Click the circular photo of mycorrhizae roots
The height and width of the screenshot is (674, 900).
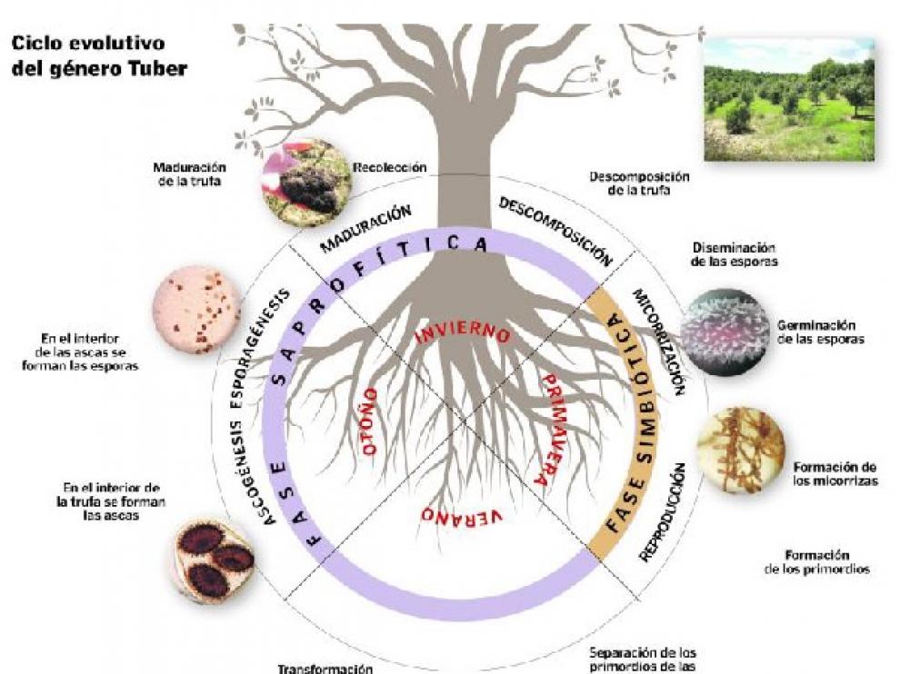(x=739, y=451)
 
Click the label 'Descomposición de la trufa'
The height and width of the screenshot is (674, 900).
(x=639, y=183)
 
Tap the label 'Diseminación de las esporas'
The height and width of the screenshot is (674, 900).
(x=734, y=253)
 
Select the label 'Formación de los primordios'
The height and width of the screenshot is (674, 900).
(x=805, y=561)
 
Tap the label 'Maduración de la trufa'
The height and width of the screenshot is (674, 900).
(x=190, y=173)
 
